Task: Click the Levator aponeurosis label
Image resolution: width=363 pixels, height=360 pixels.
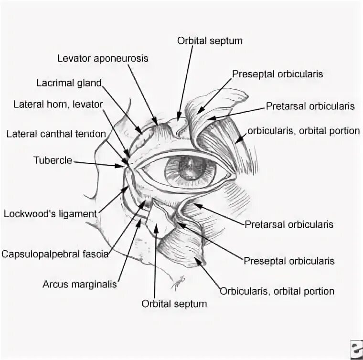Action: click(x=103, y=58)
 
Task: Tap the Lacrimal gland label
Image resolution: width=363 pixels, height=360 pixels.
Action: click(x=69, y=83)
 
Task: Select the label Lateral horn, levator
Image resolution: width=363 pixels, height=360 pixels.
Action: click(x=58, y=103)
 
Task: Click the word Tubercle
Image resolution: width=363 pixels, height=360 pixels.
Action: click(x=53, y=160)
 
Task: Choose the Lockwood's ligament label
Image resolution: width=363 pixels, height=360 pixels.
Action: click(x=50, y=213)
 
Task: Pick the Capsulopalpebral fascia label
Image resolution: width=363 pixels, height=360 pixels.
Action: click(x=54, y=254)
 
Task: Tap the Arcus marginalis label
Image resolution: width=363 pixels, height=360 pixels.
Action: click(x=79, y=285)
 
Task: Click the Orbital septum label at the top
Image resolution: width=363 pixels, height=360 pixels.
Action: click(x=210, y=41)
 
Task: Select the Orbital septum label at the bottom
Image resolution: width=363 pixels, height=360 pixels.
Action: click(x=174, y=303)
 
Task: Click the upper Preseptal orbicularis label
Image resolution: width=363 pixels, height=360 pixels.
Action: click(x=278, y=74)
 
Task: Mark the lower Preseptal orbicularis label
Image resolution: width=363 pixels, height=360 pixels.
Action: click(x=289, y=261)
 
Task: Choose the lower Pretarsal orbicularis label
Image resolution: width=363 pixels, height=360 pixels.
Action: click(x=289, y=224)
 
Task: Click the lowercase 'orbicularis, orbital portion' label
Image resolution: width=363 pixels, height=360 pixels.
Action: click(x=303, y=131)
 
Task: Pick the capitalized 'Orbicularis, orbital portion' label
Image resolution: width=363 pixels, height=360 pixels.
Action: click(x=277, y=291)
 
